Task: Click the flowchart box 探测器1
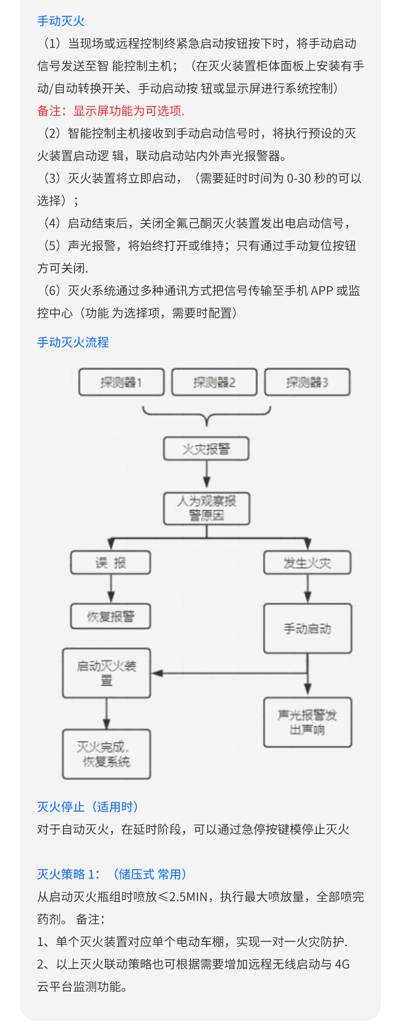point(122,382)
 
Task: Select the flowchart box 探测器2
point(215,382)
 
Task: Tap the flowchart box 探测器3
point(307,382)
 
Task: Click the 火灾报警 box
point(206,449)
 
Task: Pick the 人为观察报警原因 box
point(207,508)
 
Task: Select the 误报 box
point(111,562)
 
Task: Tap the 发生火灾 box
point(307,562)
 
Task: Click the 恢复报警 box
point(111,616)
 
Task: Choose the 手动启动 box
point(308,628)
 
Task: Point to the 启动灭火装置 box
point(107,673)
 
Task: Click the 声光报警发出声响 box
point(308,722)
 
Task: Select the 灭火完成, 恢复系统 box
point(107,754)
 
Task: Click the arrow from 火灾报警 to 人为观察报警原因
point(207,476)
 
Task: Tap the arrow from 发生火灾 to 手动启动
point(308,589)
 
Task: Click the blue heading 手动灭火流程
point(73,342)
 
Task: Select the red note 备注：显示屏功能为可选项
point(111,111)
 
